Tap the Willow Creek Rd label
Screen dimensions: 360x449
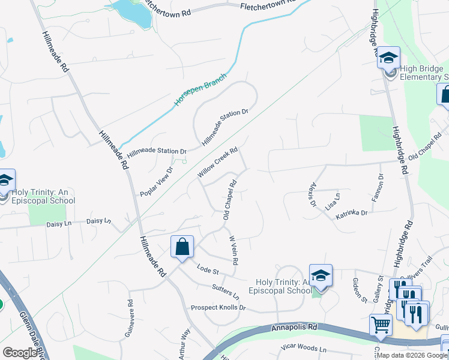[x=218, y=163]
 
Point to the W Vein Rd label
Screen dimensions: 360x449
[x=234, y=250]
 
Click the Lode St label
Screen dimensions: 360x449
[x=208, y=271]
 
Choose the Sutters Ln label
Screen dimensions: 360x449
[x=225, y=292]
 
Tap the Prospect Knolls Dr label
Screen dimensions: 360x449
[x=218, y=308]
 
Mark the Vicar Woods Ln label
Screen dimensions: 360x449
[x=306, y=349]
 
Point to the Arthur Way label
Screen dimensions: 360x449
[x=185, y=343]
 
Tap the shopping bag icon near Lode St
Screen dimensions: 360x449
[x=182, y=247]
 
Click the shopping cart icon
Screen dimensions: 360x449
[x=381, y=325]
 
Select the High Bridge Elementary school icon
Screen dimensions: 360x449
[x=388, y=59]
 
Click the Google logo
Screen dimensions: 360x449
[x=20, y=353]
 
